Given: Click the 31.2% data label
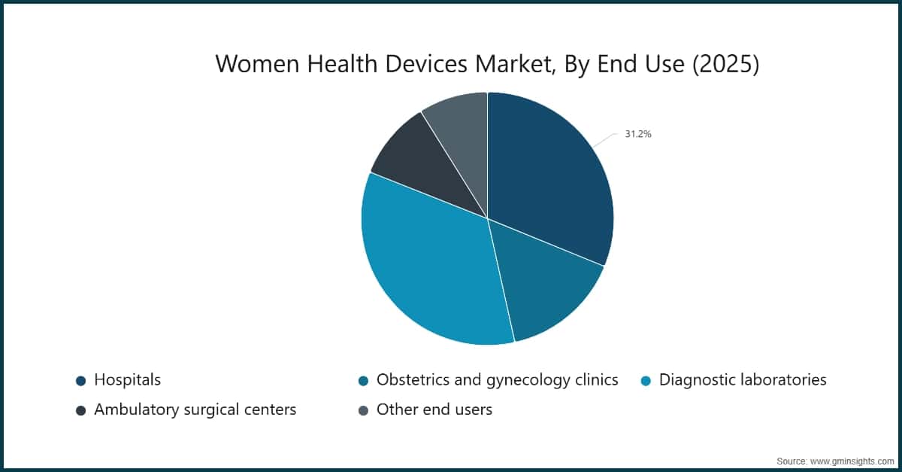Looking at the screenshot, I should (637, 134).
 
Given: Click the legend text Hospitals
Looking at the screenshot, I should (127, 380).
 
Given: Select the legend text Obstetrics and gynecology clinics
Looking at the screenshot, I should (497, 380).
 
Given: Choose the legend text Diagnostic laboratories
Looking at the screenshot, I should (743, 380).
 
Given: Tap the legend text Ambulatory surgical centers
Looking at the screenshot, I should (195, 410).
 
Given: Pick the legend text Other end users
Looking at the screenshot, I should (434, 410).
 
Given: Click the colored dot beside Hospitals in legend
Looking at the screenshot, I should (80, 381).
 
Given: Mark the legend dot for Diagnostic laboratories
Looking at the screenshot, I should (646, 381).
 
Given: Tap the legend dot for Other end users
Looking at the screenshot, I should (363, 411).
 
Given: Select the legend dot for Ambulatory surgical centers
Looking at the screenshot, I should (80, 411).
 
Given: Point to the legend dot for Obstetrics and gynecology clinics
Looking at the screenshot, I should (363, 381).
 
